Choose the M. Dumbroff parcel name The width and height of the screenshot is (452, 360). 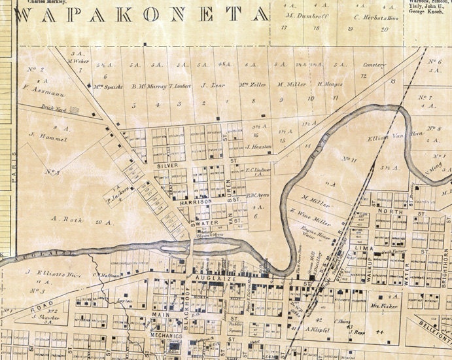click(302, 15)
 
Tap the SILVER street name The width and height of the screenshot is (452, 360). click(167, 166)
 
